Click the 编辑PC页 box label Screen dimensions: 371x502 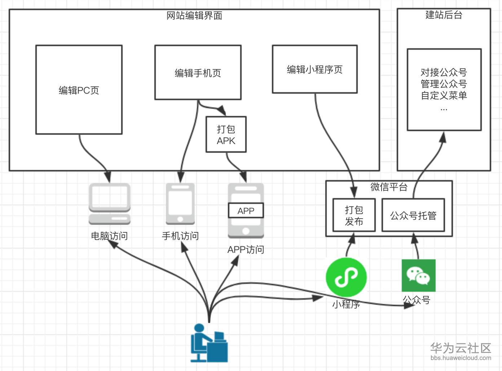click(79, 90)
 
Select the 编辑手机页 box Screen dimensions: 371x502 click(198, 73)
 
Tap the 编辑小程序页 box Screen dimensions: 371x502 click(314, 70)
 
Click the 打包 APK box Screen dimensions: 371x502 click(226, 135)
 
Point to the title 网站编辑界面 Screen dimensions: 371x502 click(194, 16)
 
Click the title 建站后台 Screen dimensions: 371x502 click(444, 15)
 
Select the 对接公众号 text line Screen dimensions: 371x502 click(444, 72)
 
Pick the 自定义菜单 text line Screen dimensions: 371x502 click(444, 95)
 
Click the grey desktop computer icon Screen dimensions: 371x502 click(110, 204)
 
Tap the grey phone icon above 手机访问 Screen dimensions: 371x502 click(180, 204)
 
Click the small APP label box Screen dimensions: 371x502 click(246, 211)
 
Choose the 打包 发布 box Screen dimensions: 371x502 click(354, 215)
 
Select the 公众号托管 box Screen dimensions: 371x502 click(413, 215)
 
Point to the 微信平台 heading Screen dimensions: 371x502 click(389, 187)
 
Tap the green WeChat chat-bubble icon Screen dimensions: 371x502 click(419, 276)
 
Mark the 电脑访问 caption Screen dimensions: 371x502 click(109, 236)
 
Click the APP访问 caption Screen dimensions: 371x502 click(246, 250)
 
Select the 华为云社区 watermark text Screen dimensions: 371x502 click(461, 348)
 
